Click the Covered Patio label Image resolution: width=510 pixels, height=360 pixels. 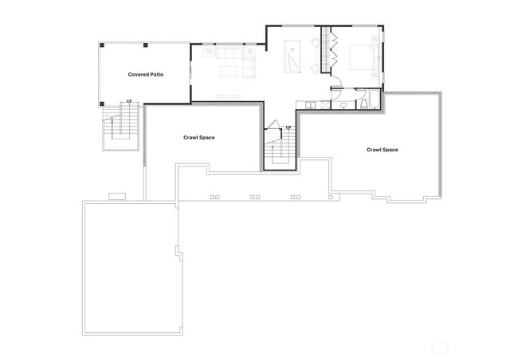pos(146,74)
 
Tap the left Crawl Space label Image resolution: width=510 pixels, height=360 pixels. pos(199,137)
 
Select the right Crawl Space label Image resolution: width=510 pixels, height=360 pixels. pos(382,150)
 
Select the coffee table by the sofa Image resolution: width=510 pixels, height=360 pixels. pos(229,72)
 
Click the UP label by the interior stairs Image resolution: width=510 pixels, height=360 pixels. pos(288,127)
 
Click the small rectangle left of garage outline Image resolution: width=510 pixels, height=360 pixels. pos(117,195)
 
